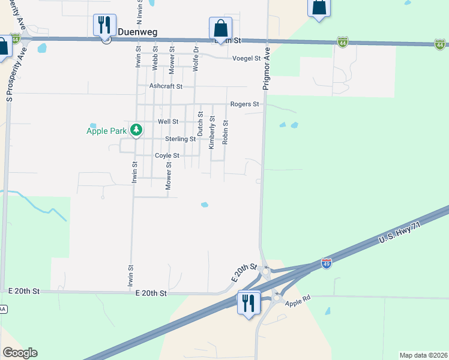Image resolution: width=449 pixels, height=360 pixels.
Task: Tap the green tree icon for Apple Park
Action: pos(137,130)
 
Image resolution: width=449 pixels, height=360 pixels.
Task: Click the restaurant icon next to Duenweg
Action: pos(104,25)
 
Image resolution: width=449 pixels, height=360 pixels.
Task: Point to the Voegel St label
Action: pos(247,58)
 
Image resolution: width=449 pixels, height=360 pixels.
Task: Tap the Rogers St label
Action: pos(244,104)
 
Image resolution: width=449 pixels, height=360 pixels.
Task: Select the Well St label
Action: pos(168,121)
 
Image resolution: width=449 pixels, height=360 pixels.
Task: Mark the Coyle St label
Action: pos(167,155)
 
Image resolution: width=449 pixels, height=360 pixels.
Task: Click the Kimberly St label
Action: pos(211,133)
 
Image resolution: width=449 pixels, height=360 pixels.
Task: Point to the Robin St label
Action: pos(226,132)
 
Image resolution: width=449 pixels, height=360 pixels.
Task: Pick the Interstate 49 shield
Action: pos(326,265)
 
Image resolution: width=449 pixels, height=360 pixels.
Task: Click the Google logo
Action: pos(20,353)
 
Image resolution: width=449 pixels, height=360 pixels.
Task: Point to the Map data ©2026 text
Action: pos(423,355)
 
